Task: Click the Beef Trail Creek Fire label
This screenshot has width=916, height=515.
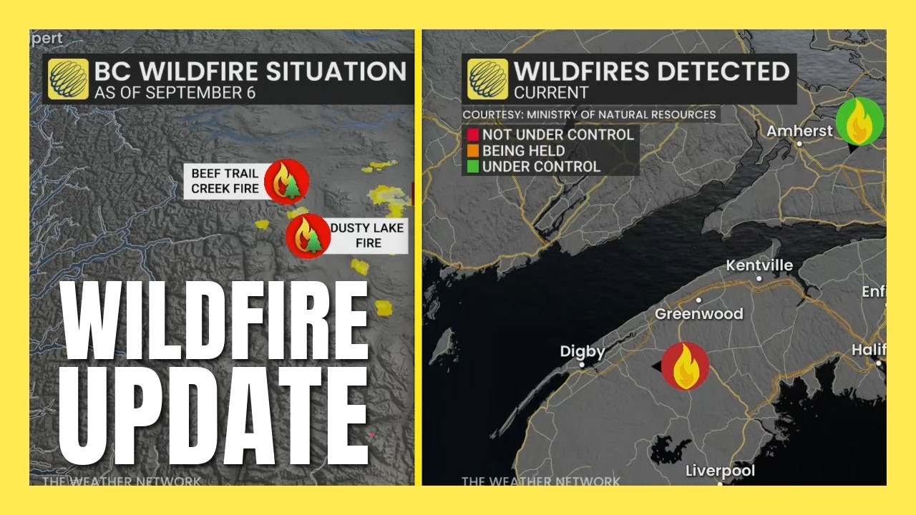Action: [224, 181]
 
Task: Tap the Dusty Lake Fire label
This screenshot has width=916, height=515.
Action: [367, 235]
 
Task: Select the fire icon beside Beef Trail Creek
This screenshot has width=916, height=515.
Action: [286, 181]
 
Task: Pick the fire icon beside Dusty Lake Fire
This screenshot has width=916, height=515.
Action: [308, 235]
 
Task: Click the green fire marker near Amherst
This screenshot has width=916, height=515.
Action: [860, 123]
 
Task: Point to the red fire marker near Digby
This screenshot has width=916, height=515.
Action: [685, 366]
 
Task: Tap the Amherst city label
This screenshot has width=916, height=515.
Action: [799, 131]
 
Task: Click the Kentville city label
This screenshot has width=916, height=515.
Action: [759, 265]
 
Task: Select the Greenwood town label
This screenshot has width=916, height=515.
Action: [699, 313]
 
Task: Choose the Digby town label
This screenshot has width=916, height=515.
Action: [583, 352]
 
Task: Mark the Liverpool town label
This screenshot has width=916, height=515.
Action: [720, 471]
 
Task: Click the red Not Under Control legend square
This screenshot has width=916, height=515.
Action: [472, 135]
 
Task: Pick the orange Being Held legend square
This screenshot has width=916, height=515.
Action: [472, 151]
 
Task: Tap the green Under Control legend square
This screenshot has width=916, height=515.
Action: [472, 167]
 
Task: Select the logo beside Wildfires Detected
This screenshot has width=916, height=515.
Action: [488, 79]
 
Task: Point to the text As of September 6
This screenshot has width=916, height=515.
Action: [175, 93]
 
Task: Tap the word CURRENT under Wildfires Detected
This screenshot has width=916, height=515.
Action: [551, 93]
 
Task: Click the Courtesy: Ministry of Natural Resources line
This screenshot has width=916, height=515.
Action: [589, 114]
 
